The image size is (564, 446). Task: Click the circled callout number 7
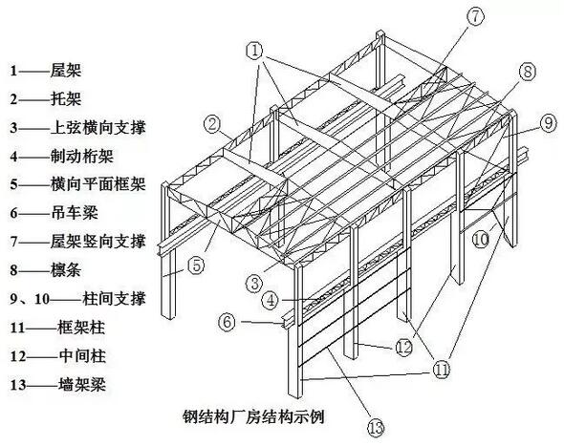pos(475,17)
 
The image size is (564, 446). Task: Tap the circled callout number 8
pos(527,72)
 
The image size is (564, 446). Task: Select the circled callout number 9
pos(548,123)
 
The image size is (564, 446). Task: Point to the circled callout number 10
pos(481,239)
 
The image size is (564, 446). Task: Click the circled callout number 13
pos(376,428)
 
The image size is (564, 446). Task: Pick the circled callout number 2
pos(213,124)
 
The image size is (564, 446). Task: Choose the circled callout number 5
pos(196,265)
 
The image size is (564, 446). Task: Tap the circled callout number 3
pos(254,284)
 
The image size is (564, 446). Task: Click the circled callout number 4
pos(271,300)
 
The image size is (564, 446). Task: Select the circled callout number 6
pos(228,322)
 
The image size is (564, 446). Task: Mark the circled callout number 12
pos(403,348)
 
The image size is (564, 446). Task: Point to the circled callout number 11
pos(441,369)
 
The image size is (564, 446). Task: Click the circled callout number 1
pos(255,51)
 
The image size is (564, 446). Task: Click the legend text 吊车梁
pos(75,213)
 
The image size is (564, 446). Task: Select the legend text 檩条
pos(66,270)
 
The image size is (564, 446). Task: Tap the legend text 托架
pos(66,98)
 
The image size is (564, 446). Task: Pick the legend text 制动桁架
pos(82,157)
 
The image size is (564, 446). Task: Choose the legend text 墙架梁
pos(82,385)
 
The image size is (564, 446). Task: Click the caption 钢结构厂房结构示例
pos(254,417)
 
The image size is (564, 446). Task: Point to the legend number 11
pos(17,328)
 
